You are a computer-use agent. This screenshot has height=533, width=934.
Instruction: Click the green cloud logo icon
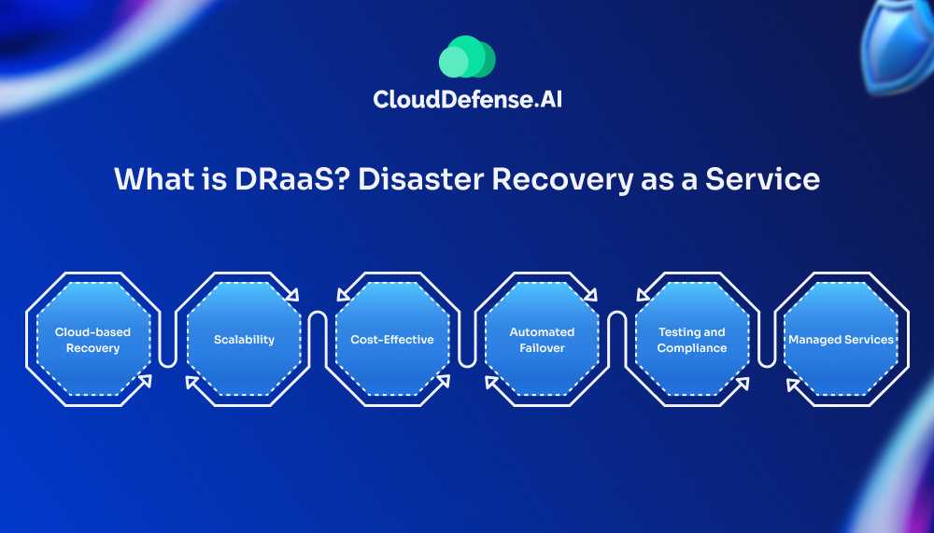(x=467, y=57)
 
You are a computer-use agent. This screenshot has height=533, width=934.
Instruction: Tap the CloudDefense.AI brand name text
(x=467, y=100)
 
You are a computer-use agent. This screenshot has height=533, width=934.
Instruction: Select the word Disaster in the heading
(x=420, y=178)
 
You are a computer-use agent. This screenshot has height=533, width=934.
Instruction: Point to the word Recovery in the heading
(x=561, y=180)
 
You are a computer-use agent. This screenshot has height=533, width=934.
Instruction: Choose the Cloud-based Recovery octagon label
(x=92, y=340)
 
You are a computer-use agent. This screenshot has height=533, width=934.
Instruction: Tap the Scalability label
(x=244, y=340)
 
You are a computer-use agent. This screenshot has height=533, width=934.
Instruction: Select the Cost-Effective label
(x=392, y=340)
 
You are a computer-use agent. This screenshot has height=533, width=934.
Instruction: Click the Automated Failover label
(x=542, y=340)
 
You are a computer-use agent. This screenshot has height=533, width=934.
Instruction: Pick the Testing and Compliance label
(x=692, y=340)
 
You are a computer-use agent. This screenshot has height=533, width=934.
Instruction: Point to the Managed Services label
(x=842, y=340)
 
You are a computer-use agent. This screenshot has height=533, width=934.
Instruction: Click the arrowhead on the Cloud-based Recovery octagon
(x=145, y=381)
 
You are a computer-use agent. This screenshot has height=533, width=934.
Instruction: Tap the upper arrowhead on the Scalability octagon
(x=291, y=294)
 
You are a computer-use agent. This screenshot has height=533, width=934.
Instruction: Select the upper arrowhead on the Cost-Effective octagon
(x=344, y=294)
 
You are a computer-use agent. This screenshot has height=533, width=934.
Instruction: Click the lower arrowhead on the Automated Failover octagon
(x=492, y=383)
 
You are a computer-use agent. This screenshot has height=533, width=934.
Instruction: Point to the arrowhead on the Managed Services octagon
(x=793, y=385)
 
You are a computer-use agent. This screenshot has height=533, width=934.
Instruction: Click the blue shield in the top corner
(x=898, y=45)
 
